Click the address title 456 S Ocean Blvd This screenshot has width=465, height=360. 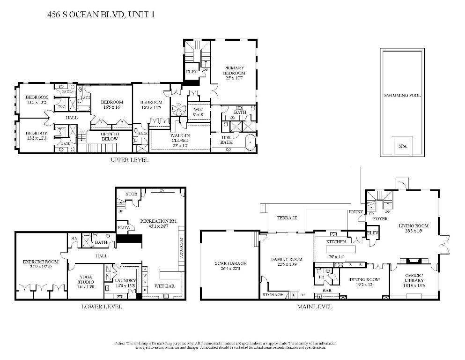pos(101,15)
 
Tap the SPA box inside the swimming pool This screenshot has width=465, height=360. pos(402,146)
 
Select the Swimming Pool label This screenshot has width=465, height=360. pos(402,95)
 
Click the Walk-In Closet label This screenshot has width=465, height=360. pos(180,140)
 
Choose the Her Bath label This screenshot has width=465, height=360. pos(227,140)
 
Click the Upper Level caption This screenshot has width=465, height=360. pos(130,160)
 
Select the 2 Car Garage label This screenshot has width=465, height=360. pos(230,263)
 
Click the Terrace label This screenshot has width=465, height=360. pos(287,218)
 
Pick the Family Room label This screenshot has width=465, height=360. pos(287,259)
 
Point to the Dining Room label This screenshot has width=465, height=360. pos(364,279)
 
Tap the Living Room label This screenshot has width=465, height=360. pos(413,226)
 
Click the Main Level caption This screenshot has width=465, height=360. pos(315,307)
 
